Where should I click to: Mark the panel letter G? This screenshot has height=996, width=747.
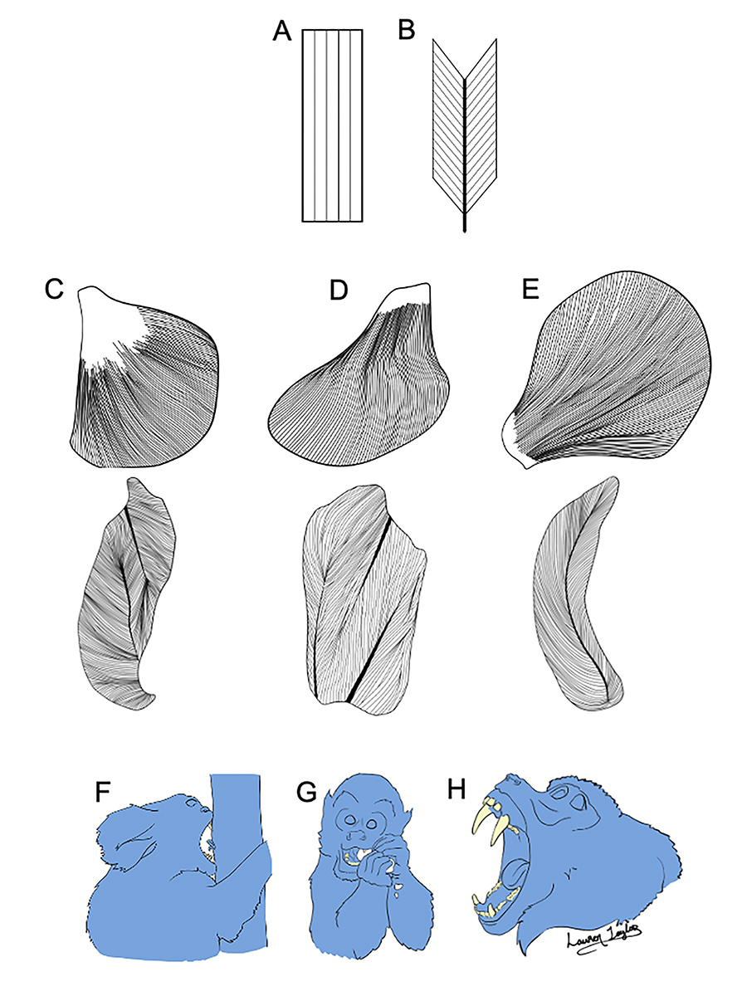point(308,793)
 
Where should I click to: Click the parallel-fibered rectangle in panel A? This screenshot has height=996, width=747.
point(332,125)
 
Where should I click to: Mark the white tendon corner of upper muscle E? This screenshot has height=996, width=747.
point(512,439)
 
